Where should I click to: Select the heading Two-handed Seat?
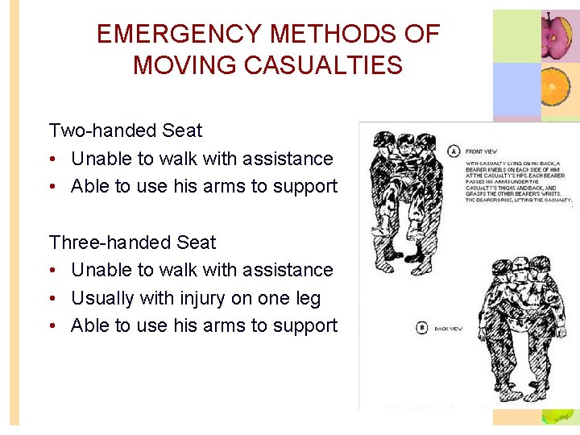(126, 130)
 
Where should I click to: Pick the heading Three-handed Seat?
(133, 242)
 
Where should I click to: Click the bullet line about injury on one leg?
(195, 298)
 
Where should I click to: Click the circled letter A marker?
(454, 151)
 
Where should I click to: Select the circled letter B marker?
(421, 328)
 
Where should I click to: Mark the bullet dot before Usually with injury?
(53, 299)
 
